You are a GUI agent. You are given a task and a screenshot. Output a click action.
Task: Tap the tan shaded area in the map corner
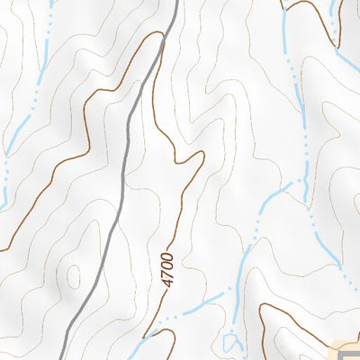click(346, 351)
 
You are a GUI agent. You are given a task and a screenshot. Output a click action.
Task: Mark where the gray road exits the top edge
click(172, 2)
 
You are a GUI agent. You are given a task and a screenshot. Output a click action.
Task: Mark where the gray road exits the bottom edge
click(66, 357)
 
